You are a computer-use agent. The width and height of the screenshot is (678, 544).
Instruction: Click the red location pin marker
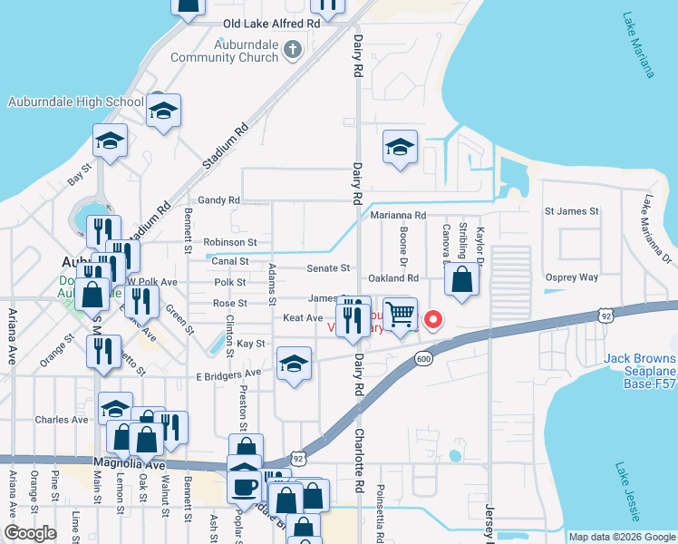433,320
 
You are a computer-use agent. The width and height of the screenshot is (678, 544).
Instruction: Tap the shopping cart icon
400,316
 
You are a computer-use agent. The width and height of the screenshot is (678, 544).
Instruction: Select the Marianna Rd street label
398,215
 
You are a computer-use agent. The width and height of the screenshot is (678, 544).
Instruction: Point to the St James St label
571,211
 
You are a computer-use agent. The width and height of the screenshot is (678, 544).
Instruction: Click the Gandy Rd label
219,200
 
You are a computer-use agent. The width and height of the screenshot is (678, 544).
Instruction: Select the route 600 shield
423,360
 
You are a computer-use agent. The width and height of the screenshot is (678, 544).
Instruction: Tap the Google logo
30,533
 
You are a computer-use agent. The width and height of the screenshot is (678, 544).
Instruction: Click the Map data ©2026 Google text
622,537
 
